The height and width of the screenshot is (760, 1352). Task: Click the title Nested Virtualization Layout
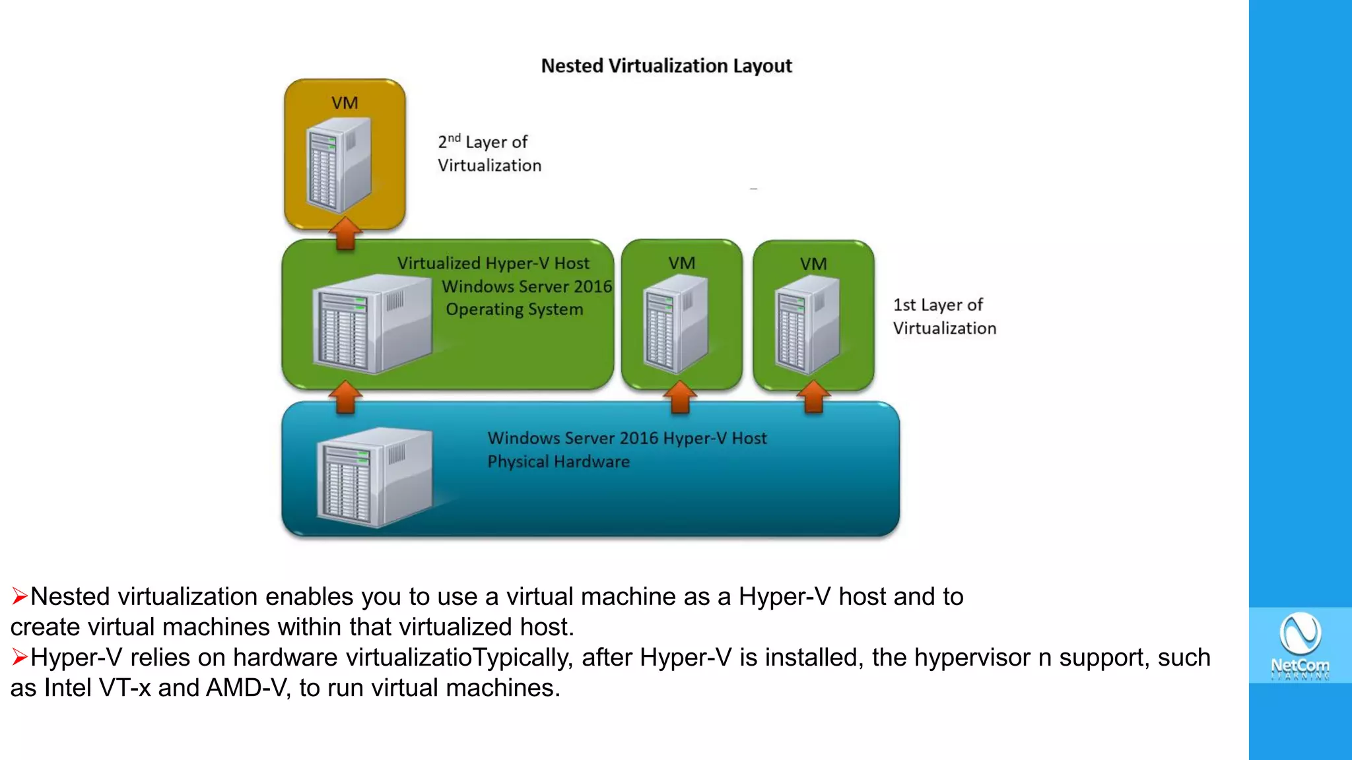666,66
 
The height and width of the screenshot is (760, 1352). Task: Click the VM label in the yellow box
345,103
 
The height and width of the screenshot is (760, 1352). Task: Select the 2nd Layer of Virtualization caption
489,154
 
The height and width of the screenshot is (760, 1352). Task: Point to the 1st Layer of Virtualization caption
944,317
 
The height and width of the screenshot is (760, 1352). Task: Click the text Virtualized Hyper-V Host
493,263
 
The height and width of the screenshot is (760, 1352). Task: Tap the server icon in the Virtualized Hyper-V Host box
372,323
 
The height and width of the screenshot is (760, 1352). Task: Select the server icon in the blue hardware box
374,476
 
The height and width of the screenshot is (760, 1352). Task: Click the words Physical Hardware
558,462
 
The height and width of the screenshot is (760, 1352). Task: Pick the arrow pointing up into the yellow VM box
345,234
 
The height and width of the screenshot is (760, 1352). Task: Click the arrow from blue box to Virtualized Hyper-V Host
345,396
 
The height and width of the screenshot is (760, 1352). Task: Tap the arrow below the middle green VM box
680,396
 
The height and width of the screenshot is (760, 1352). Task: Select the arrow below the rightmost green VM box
813,396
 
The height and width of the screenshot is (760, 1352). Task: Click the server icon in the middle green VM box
675,322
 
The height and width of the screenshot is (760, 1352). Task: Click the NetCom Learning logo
1300,645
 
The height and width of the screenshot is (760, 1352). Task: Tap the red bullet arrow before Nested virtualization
19,596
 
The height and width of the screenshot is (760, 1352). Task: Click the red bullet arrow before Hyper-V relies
19,657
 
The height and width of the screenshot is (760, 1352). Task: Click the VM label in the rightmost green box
813,264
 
